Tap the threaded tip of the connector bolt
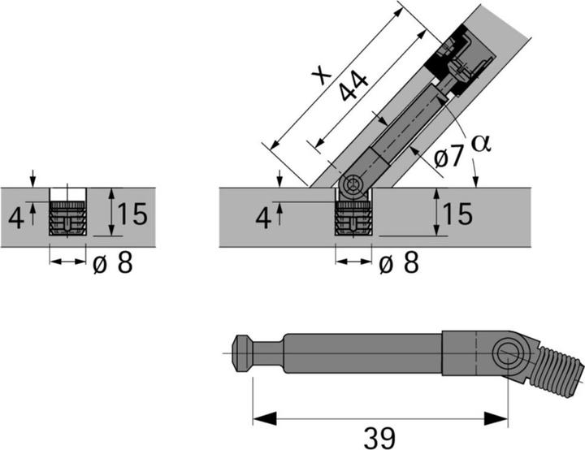[x=564, y=363]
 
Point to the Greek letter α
[x=481, y=142]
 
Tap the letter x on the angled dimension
[x=323, y=75]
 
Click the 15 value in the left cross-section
[x=131, y=215]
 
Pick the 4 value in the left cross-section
[x=15, y=218]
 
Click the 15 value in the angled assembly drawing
[x=457, y=215]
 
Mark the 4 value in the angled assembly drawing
[x=262, y=218]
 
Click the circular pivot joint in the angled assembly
[x=353, y=188]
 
